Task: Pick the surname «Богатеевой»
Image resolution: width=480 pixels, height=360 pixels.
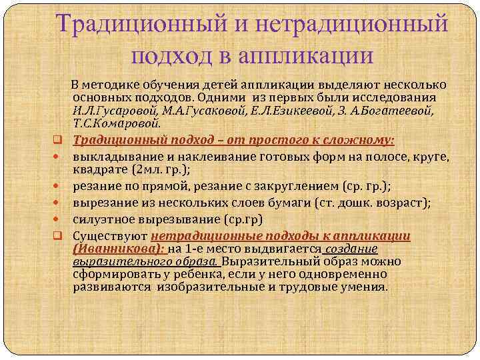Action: [x=395, y=110]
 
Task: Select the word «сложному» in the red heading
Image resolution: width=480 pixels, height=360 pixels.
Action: [x=358, y=141]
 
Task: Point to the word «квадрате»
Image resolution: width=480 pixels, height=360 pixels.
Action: [x=99, y=169]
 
